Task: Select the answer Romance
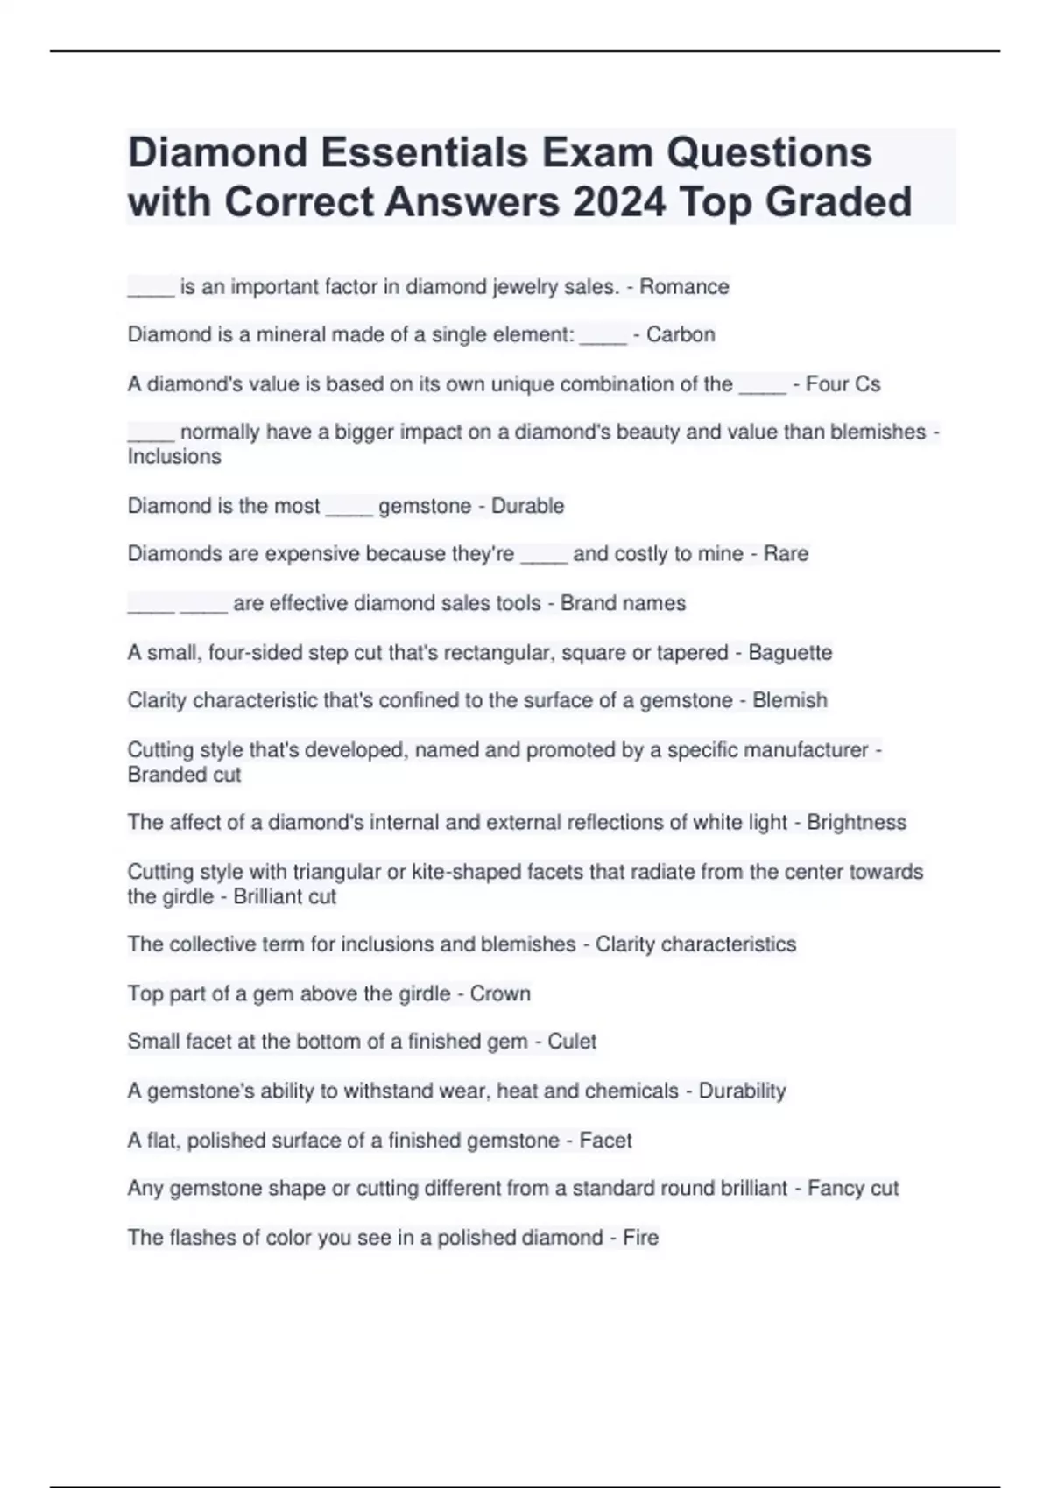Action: coord(684,287)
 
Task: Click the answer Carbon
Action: coord(681,334)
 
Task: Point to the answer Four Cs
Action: coord(843,384)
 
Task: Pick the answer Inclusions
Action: coord(174,457)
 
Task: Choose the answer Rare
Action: coord(786,554)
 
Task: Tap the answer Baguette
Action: coord(790,653)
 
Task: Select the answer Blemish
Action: coord(789,700)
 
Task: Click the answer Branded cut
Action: coord(184,775)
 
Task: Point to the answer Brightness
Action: coord(856,823)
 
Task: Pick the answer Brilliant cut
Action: coord(285,897)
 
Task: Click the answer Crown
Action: coord(500,994)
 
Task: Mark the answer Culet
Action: coord(572,1042)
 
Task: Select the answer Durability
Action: coord(742,1091)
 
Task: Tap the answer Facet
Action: coord(605,1141)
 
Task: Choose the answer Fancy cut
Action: coord(853,1189)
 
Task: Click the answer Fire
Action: coord(640,1238)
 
